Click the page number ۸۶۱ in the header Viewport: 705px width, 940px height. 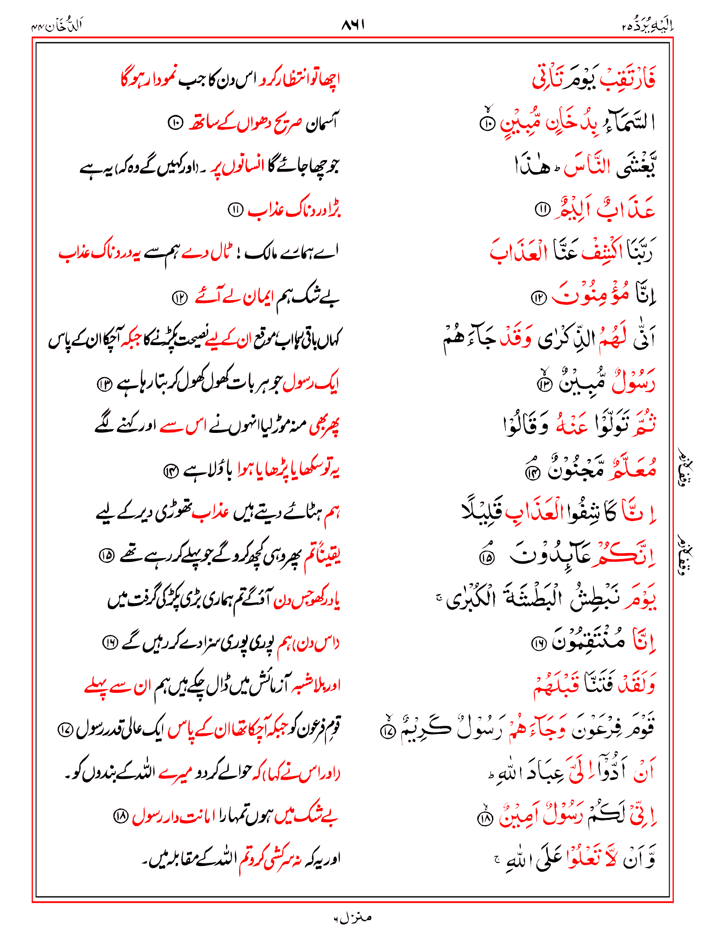tap(352, 25)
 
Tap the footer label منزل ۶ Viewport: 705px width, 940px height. tap(352, 918)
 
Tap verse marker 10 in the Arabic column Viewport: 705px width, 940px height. tap(487, 123)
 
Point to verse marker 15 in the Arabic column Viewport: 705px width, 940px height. tap(486, 557)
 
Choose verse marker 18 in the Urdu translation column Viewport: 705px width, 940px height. tap(120, 817)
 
